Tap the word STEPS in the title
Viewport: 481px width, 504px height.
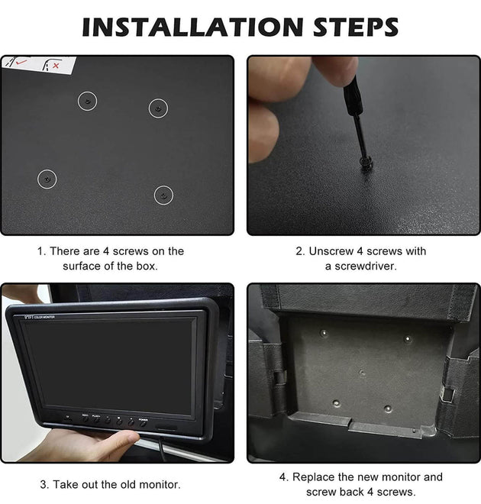[356, 27]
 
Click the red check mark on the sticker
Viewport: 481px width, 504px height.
[21, 62]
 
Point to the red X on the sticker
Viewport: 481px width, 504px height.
[56, 66]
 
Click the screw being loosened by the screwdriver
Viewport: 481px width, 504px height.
[366, 163]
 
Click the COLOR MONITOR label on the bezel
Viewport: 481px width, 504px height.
[44, 317]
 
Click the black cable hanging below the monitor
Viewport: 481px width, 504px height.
[163, 450]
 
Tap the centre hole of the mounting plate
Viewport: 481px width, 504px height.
[362, 373]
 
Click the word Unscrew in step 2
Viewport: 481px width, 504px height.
[331, 251]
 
